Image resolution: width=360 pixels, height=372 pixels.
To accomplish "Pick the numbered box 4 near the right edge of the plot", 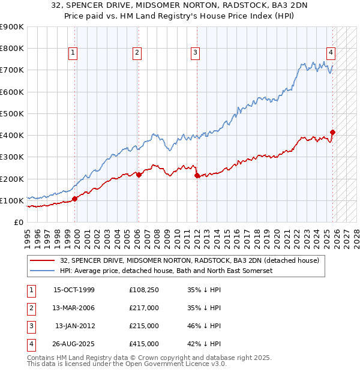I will click(331, 52).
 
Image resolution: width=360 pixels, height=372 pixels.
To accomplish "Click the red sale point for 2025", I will click(333, 132).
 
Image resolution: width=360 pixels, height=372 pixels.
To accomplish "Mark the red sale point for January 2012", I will click(197, 175).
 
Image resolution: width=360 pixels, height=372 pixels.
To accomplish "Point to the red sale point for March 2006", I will click(139, 175).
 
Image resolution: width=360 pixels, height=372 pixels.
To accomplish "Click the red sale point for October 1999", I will click(75, 199).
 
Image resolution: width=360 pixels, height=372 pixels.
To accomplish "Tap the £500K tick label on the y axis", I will click(12, 113).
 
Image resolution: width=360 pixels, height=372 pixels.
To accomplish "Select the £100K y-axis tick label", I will click(12, 200).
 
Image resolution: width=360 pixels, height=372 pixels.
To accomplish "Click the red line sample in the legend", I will click(43, 260).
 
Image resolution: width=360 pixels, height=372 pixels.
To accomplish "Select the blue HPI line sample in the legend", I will click(43, 271).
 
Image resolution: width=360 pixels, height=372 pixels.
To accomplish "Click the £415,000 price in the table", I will click(144, 344).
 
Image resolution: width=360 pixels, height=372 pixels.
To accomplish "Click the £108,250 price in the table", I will click(144, 290).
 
